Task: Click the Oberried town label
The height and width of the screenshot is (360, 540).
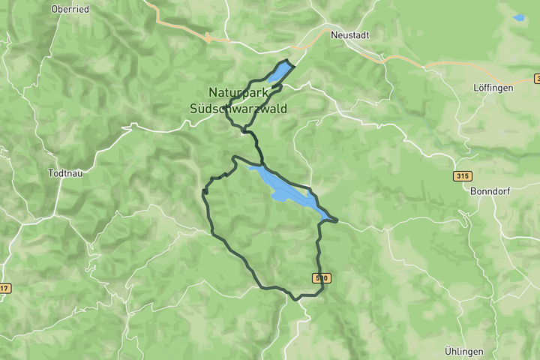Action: point(70,9)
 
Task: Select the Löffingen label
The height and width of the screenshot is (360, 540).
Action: point(493,88)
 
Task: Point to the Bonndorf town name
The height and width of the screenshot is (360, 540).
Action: point(490,191)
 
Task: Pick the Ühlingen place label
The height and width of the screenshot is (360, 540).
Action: point(463,351)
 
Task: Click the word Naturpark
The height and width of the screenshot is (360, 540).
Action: point(238,92)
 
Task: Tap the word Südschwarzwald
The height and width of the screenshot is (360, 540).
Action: point(238,109)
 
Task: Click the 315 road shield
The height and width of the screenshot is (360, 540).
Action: point(462,176)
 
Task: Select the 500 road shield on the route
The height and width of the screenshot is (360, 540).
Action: point(322,278)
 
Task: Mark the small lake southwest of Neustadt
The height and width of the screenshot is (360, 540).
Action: point(277,74)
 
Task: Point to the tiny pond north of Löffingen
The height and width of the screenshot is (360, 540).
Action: point(519,17)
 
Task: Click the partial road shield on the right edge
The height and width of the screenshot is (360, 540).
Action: point(537,79)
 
